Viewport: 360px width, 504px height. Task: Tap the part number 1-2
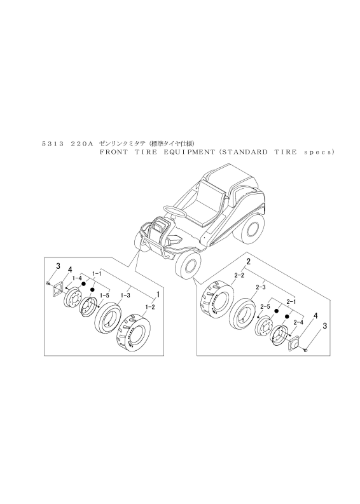pyautogui.click(x=150, y=308)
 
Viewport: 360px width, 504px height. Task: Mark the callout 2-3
pyautogui.click(x=260, y=287)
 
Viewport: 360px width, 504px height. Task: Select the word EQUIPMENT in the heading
pyautogui.click(x=189, y=152)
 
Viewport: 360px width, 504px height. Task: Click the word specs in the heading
pyautogui.click(x=317, y=153)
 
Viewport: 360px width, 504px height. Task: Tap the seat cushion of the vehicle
pyautogui.click(x=201, y=209)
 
